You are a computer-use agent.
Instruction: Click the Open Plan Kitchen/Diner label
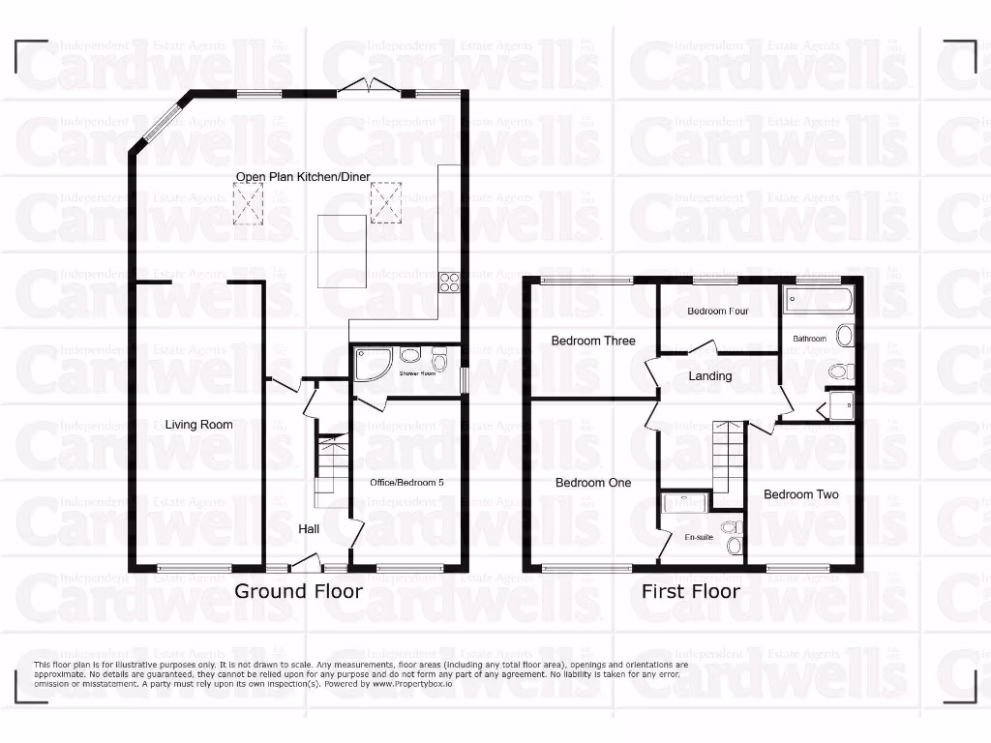click(303, 176)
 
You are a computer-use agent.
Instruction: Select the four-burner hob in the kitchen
click(450, 282)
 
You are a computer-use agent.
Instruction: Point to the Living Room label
click(198, 424)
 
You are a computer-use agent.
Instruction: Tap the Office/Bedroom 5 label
click(405, 482)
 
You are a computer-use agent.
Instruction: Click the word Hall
click(309, 529)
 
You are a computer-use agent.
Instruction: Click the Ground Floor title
click(298, 591)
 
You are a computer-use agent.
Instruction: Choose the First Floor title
click(691, 591)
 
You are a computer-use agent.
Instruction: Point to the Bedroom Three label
click(593, 341)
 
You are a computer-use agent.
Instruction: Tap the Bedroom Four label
click(718, 312)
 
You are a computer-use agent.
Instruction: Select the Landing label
click(710, 375)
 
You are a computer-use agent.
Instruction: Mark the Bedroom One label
click(592, 483)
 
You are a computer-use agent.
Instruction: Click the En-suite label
click(698, 536)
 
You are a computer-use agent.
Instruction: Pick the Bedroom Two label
click(800, 494)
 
